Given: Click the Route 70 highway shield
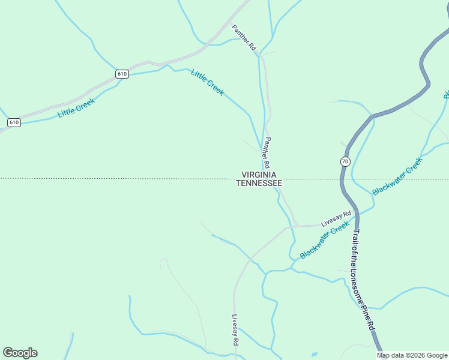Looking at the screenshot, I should coord(345,161).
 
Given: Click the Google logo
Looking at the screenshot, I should coord(20,353).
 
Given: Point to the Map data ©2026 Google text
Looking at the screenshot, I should coord(412,355).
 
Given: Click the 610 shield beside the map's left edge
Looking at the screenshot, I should coord(14,122).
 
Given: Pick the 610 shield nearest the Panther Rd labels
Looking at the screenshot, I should coord(122,74).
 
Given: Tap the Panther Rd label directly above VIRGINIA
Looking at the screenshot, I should coord(267,152).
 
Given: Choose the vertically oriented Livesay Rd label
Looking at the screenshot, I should coord(236,330).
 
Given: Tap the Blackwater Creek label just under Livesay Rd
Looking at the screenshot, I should coord(324,241).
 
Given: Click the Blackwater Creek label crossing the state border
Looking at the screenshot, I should coord(397,176).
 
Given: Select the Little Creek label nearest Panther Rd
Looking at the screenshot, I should coord(208,82).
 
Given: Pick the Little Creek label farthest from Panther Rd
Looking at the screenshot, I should coord(76,107).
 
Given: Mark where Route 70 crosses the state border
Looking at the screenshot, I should coord(341,179).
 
